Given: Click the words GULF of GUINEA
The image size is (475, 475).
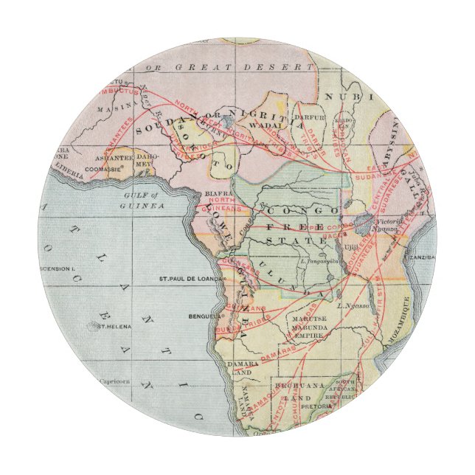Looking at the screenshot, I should click(145, 201).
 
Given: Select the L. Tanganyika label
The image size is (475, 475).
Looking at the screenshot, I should click(320, 260).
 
